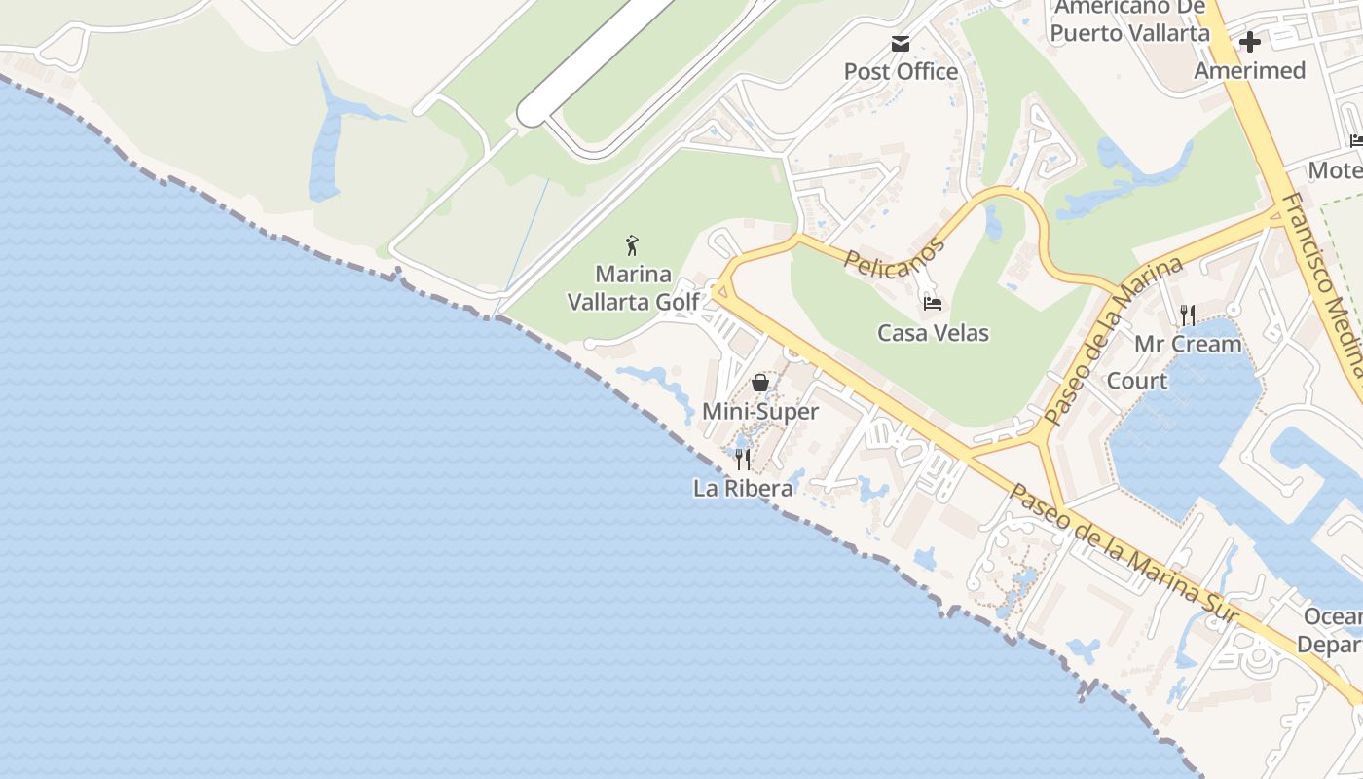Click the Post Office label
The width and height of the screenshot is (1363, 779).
coord(901,71)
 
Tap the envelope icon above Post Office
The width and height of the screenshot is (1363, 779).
coord(901,44)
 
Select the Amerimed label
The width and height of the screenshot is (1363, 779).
coord(1249,70)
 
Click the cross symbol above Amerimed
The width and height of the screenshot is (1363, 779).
coord(1250,43)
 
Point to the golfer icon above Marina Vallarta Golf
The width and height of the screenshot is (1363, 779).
coord(632,244)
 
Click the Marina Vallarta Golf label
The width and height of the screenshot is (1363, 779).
coord(633,287)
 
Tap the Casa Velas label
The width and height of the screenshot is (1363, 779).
coord(933,333)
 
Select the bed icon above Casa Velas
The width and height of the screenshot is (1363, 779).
coord(933,304)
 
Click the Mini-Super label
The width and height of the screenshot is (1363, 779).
coord(760,411)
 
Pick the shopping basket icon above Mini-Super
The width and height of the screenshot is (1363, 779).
coord(760,383)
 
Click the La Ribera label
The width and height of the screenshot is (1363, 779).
coord(743,488)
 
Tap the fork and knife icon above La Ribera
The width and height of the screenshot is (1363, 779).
coord(743,459)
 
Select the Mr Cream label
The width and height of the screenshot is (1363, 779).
coord(1188,344)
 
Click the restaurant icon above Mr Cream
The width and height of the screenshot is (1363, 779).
coord(1188,315)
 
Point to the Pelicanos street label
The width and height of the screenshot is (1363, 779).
coord(895,256)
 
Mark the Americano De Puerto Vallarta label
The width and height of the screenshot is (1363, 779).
coord(1130,19)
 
